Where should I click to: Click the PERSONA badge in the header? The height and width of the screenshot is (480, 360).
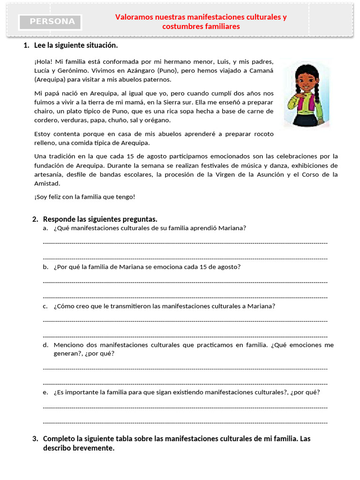coord(50,22)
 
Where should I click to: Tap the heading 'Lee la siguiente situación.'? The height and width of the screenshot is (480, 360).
coord(76,45)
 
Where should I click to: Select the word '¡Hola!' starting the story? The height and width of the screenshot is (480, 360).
coord(43,61)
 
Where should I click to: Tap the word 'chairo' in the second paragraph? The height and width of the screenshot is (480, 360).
coord(44,111)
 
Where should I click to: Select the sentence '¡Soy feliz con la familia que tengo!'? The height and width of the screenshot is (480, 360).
coord(84,197)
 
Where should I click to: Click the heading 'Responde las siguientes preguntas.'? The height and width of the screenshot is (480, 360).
coord(100,219)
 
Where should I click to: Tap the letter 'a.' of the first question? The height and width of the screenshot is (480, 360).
coord(45,228)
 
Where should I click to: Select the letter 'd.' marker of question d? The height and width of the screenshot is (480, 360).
coord(45,345)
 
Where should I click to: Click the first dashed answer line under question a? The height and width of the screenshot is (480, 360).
coord(185,243)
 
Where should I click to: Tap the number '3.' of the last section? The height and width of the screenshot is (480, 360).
coord(35,439)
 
